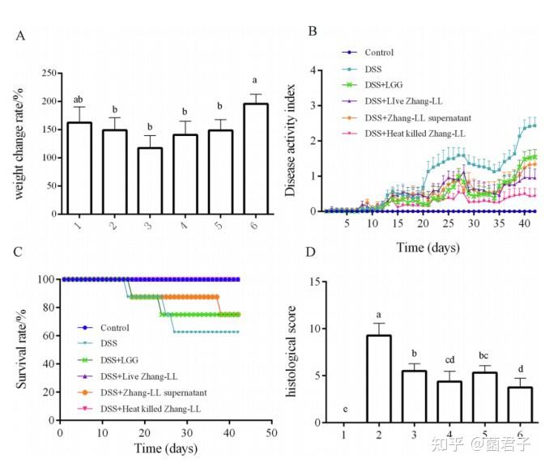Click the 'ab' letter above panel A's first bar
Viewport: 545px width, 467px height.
coord(79,101)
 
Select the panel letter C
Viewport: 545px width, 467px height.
coord(19,249)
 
